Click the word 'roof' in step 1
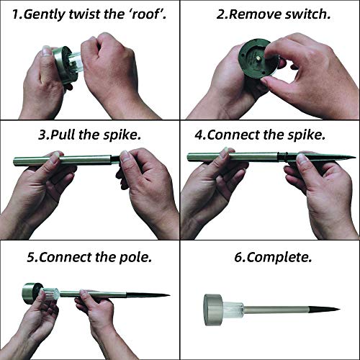pyautogui.click(x=145, y=14)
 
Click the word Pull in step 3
pyautogui.click(x=63, y=135)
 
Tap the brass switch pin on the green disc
pyautogui.click(x=258, y=58)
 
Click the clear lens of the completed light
pyautogui.click(x=233, y=310)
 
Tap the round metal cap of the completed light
pyautogui.click(x=213, y=310)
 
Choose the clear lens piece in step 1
pyautogui.click(x=77, y=63)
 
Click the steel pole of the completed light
pyautogui.click(x=276, y=309)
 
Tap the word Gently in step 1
pyautogui.click(x=45, y=14)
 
